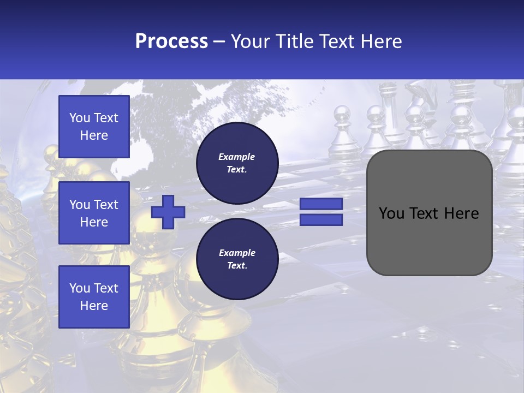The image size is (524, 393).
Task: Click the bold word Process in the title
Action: (171, 41)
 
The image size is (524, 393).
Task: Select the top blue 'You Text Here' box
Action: (94, 127)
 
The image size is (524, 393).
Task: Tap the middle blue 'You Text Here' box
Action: (94, 213)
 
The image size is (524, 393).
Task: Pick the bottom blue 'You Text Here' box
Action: (94, 297)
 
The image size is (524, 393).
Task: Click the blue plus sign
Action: (168, 212)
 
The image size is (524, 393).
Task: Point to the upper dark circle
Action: (237, 163)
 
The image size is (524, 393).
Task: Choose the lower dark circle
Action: (237, 259)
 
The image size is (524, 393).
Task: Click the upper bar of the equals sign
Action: (321, 204)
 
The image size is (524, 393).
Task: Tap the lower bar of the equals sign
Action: (321, 220)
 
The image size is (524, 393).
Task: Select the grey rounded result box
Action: (429, 213)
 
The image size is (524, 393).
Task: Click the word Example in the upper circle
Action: (237, 157)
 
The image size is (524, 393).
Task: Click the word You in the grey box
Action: (391, 213)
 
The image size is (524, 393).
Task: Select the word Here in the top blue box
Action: (94, 135)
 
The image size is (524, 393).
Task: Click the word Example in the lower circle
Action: (237, 253)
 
